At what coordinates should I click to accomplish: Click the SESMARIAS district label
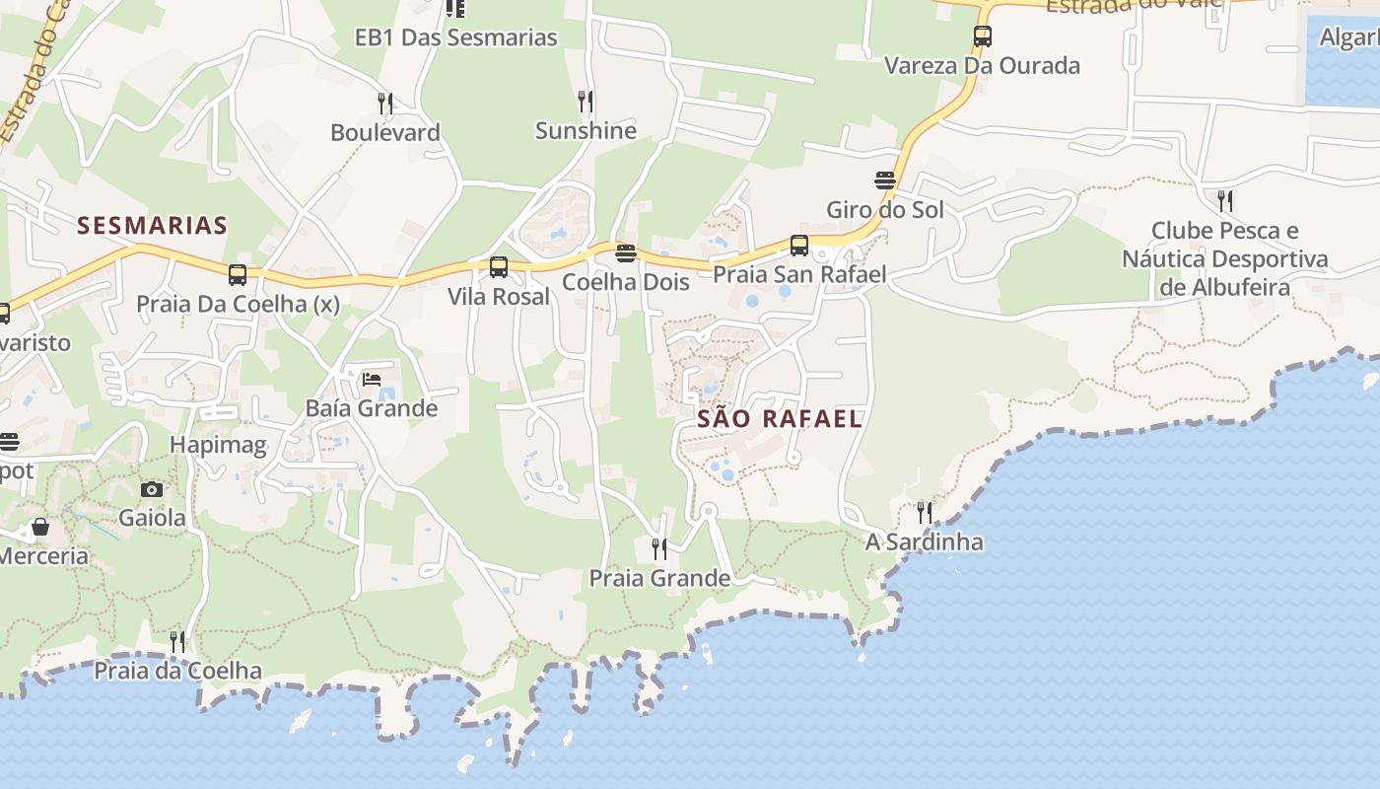pyautogui.click(x=153, y=226)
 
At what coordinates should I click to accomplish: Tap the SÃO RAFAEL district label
pyautogui.click(x=780, y=418)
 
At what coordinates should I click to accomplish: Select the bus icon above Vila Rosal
pyautogui.click(x=499, y=267)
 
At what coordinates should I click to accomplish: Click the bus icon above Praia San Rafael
pyautogui.click(x=799, y=246)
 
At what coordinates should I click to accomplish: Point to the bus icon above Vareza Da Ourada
pyautogui.click(x=982, y=37)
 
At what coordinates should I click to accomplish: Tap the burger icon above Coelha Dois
pyautogui.click(x=625, y=253)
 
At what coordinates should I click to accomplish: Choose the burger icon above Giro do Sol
pyautogui.click(x=885, y=180)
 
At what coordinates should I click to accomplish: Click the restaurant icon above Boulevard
pyautogui.click(x=385, y=103)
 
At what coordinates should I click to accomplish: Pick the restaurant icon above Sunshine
pyautogui.click(x=586, y=101)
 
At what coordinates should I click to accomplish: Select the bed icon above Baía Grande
pyautogui.click(x=372, y=380)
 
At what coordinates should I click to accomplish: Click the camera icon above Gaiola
pyautogui.click(x=152, y=489)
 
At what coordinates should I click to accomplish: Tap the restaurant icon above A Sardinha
pyautogui.click(x=924, y=513)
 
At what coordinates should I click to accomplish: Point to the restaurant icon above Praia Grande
pyautogui.click(x=659, y=549)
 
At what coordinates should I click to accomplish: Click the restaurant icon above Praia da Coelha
pyautogui.click(x=177, y=642)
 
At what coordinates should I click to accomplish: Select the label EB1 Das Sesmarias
pyautogui.click(x=456, y=37)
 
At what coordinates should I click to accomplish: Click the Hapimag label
pyautogui.click(x=218, y=445)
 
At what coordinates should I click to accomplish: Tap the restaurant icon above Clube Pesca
pyautogui.click(x=1224, y=201)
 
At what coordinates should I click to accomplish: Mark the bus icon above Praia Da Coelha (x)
pyautogui.click(x=237, y=275)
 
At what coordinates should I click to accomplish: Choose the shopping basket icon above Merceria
pyautogui.click(x=40, y=528)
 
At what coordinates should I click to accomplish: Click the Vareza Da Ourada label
pyautogui.click(x=982, y=66)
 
